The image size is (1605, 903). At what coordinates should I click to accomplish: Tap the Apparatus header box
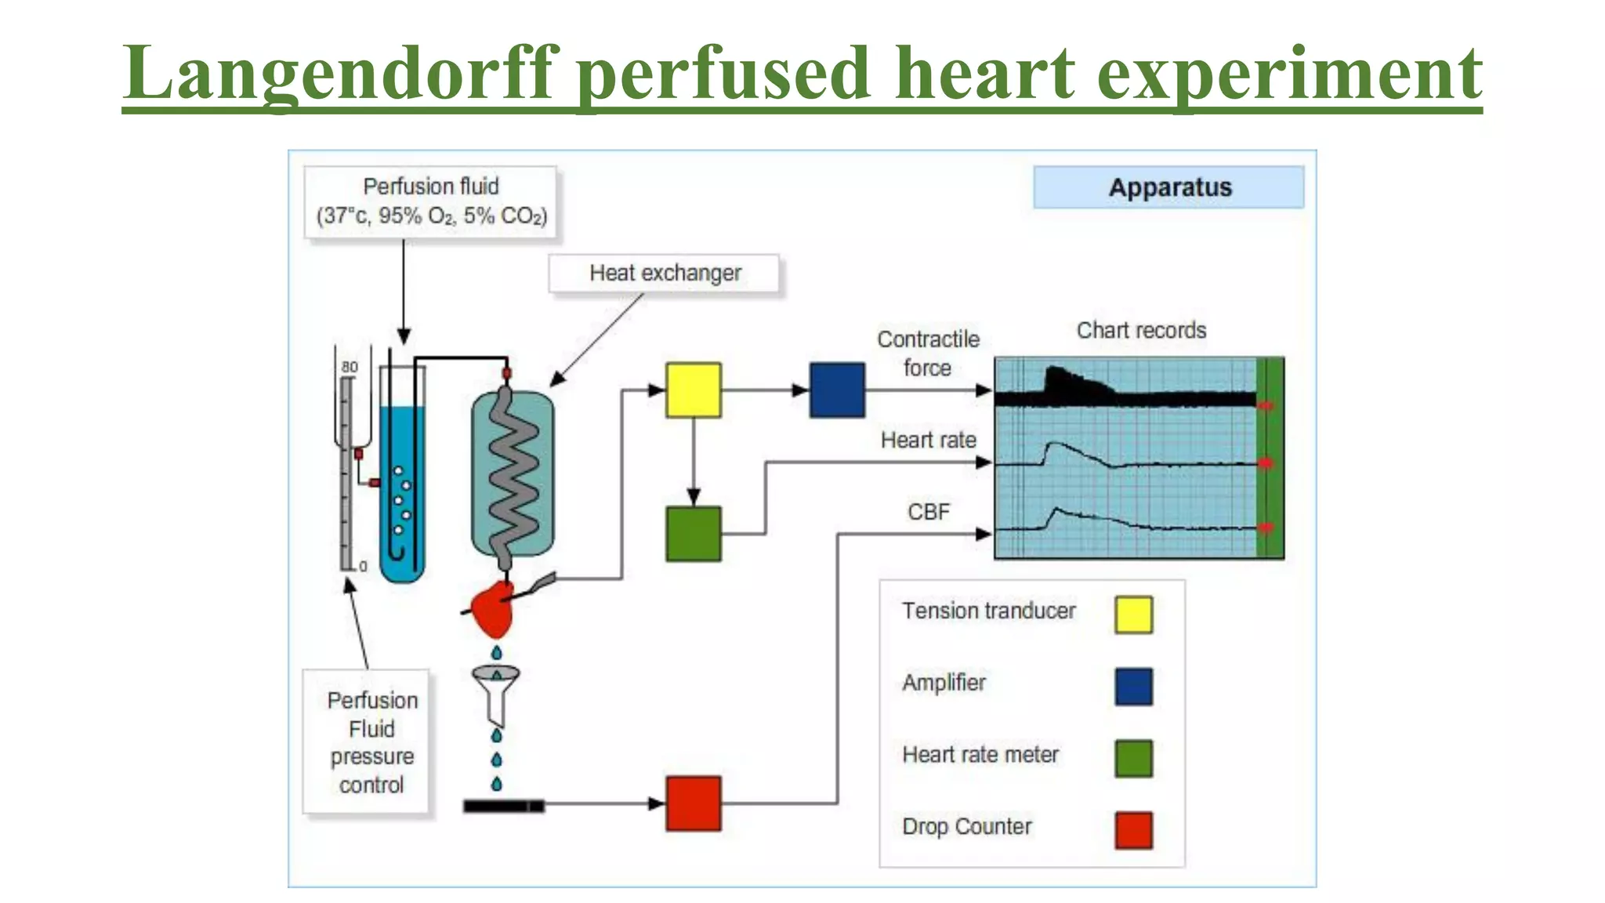[x=1168, y=187]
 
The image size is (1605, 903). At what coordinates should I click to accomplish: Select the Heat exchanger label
[x=665, y=273]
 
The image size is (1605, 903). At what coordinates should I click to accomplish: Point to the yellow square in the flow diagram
[x=693, y=390]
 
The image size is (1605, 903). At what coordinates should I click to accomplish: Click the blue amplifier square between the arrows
[x=837, y=390]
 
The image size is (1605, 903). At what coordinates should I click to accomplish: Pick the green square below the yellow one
[x=693, y=534]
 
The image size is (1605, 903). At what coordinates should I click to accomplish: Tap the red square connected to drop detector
[x=693, y=803]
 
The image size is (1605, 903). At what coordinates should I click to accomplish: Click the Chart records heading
[x=1141, y=330]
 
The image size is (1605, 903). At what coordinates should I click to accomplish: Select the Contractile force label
[x=928, y=353]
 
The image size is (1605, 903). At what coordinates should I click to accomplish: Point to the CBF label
[x=929, y=512]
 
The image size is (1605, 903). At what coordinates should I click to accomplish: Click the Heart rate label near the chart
[x=929, y=440]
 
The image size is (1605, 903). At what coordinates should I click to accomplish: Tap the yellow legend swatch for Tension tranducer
[x=1133, y=615]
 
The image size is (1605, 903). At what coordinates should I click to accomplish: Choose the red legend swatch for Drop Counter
[x=1133, y=830]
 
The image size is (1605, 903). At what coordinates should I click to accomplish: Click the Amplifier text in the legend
[x=944, y=683]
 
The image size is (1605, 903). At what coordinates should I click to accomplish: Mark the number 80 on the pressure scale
[x=350, y=367]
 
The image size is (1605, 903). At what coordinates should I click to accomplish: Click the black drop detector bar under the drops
[x=503, y=806]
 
